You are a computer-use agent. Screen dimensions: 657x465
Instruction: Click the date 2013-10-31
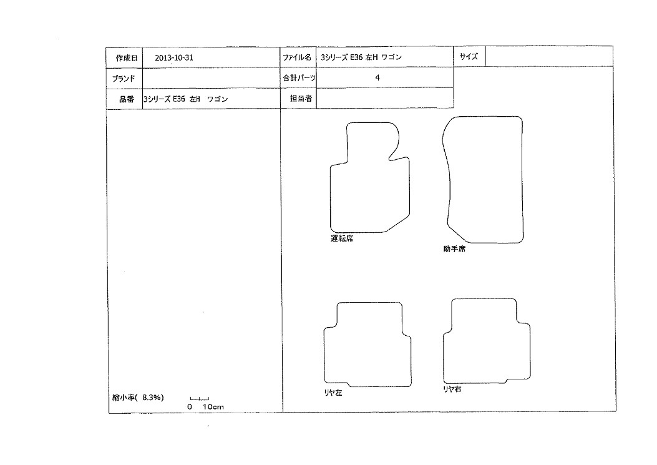[174, 58]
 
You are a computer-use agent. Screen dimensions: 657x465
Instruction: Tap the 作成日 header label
[127, 58]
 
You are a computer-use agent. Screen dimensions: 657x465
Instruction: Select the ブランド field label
[124, 78]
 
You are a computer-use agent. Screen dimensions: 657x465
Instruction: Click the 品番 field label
[127, 99]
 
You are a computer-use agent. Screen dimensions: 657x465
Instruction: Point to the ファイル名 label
[297, 57]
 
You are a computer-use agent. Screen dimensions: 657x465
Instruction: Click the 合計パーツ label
[299, 77]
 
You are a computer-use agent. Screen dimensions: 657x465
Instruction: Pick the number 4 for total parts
[377, 77]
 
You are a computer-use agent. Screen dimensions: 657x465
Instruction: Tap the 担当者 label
[301, 98]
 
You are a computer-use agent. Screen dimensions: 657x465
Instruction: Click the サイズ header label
[469, 56]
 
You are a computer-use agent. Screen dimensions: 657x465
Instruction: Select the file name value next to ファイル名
[361, 57]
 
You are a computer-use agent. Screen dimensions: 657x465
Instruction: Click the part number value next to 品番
[185, 99]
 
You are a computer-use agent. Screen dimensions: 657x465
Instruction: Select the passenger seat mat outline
[523, 180]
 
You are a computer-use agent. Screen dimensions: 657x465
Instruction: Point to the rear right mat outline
[530, 352]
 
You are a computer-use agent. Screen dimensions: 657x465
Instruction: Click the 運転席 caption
[342, 238]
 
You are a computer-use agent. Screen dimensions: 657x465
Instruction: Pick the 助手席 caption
[454, 248]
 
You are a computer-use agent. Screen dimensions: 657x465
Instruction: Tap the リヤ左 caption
[333, 393]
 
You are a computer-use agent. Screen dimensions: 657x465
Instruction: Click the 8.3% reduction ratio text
[152, 397]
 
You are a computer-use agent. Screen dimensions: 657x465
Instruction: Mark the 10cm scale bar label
[213, 407]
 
